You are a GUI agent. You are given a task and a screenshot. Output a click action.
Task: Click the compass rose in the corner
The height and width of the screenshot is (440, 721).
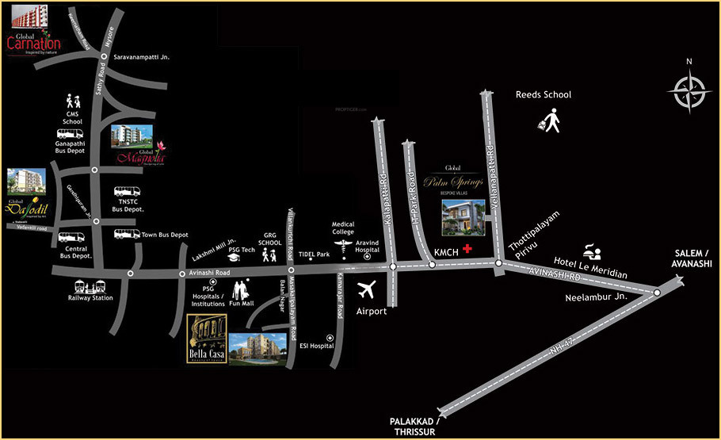pyautogui.click(x=689, y=90)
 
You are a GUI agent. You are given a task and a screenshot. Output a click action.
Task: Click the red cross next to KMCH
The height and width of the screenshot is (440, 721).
pyautogui.click(x=467, y=249)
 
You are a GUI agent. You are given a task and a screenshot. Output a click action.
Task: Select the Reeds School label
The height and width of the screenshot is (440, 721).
pyautogui.click(x=544, y=94)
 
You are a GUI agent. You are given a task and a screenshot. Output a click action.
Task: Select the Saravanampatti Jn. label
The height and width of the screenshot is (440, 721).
pyautogui.click(x=143, y=58)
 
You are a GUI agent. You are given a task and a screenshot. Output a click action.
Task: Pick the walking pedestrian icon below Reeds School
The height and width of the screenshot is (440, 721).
pyautogui.click(x=549, y=121)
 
